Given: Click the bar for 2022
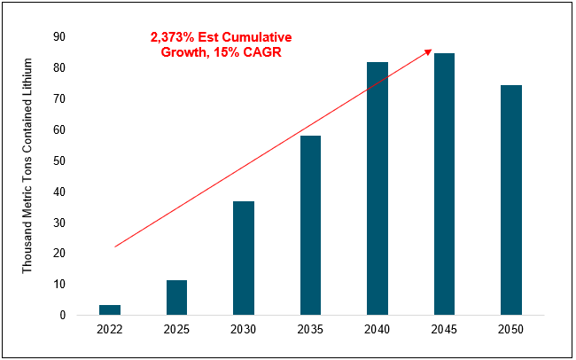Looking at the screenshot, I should point(110,309).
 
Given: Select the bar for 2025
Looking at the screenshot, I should point(176,297).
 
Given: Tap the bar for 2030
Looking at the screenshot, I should point(244,258).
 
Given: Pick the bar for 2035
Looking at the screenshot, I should point(310,225).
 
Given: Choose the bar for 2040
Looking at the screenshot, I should point(377,188).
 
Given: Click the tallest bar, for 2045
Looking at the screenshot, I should point(444,184).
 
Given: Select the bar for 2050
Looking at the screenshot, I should point(510,200).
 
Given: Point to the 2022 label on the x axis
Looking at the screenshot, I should point(110,330).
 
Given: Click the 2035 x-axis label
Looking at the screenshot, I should point(310,330).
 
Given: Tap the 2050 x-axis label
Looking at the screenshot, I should point(510,330).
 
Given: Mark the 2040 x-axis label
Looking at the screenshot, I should point(377,330).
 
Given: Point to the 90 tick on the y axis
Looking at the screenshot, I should point(59,37).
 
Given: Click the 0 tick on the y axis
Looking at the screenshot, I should point(63,315).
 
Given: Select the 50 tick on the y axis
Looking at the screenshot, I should point(59,160).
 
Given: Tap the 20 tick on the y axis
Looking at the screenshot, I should point(59,253).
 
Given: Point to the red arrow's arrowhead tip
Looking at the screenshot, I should point(432,50).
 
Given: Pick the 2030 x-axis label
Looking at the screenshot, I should point(244,330).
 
